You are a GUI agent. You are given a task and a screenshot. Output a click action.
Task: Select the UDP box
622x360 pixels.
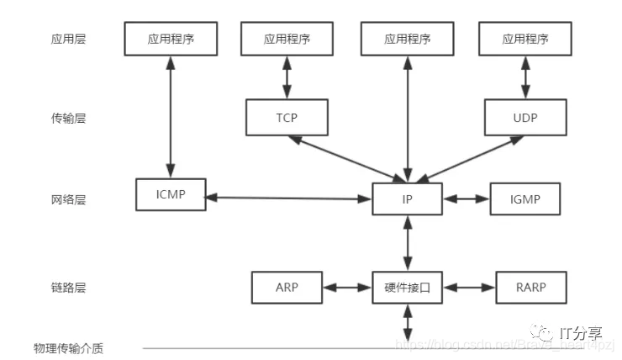pyautogui.click(x=524, y=117)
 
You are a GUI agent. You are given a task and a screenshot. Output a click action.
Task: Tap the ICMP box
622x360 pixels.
pyautogui.click(x=171, y=194)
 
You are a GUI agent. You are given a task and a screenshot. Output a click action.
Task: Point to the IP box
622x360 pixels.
pyautogui.click(x=407, y=199)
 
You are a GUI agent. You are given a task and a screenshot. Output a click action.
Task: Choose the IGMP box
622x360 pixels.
pyautogui.click(x=524, y=199)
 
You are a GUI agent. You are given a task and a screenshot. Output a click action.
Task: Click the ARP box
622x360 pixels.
pyautogui.click(x=287, y=287)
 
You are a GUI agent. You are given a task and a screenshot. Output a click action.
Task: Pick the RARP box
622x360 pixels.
pyautogui.click(x=531, y=287)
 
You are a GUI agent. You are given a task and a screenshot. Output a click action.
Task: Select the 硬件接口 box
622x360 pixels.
pyautogui.click(x=407, y=287)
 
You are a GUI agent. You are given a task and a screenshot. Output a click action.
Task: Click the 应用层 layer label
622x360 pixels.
pyautogui.click(x=68, y=39)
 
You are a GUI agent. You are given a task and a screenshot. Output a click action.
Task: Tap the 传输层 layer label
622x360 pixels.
pyautogui.click(x=68, y=119)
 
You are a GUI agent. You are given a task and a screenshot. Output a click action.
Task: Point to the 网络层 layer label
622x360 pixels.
pyautogui.click(x=68, y=199)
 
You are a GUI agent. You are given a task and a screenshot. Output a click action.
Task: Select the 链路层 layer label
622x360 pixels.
pyautogui.click(x=68, y=288)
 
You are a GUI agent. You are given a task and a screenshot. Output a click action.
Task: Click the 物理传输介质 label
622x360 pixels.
pyautogui.click(x=68, y=347)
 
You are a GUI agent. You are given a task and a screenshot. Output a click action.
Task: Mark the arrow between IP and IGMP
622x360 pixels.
pyautogui.click(x=466, y=199)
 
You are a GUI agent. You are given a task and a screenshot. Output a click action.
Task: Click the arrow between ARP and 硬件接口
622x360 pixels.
pyautogui.click(x=347, y=288)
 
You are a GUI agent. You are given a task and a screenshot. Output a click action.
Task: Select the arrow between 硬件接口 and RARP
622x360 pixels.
pyautogui.click(x=468, y=288)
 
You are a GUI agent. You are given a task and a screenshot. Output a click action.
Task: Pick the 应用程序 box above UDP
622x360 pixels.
pyautogui.click(x=525, y=39)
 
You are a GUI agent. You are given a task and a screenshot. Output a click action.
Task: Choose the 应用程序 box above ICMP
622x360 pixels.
pyautogui.click(x=171, y=39)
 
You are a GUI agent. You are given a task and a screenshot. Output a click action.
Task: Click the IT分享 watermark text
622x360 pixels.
pyautogui.click(x=582, y=333)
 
